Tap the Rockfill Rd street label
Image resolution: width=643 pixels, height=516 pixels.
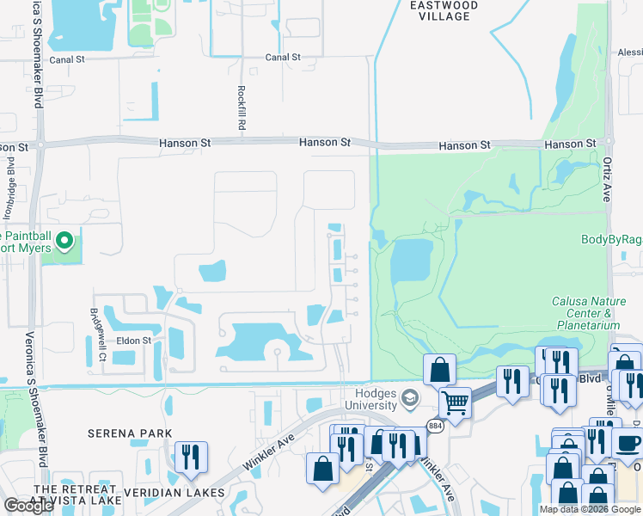[x=242, y=107]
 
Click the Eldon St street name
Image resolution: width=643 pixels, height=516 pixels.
[x=134, y=341]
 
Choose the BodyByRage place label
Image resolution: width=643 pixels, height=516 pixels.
[x=611, y=240]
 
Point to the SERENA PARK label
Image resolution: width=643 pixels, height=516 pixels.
[x=130, y=433]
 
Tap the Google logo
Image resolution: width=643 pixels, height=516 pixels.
[x=29, y=506]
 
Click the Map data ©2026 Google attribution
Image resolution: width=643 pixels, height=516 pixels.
[x=591, y=509]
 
